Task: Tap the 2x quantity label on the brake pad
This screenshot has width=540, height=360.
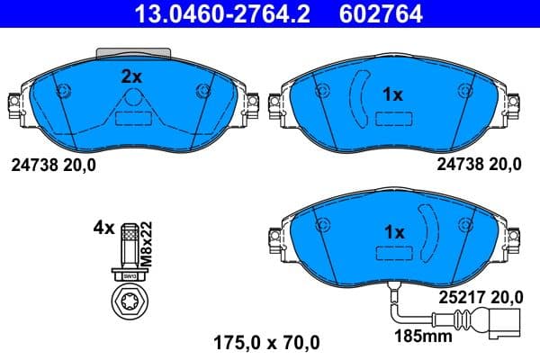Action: point(132,77)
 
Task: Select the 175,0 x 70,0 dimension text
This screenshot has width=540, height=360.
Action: point(265,342)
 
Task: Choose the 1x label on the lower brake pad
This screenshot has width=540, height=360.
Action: point(393,232)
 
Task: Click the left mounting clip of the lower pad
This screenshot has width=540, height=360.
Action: point(274,238)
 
